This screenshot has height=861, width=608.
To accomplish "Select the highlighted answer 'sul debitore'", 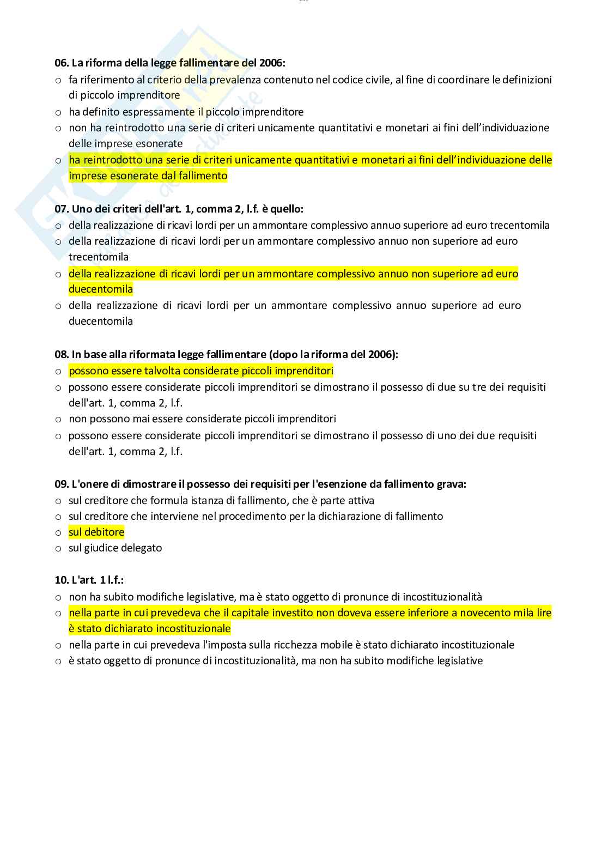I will coord(96,532).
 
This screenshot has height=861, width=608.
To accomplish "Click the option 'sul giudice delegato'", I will coord(115,548).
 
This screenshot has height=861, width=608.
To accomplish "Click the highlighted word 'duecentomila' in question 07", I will coord(101,289).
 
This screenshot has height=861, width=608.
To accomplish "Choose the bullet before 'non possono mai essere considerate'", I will coord(58,419).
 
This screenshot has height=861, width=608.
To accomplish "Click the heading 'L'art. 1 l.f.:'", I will coord(93,580).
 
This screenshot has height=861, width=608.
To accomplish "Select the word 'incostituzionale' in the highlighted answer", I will coord(193,628).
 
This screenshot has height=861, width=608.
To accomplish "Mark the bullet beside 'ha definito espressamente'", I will coord(58,112).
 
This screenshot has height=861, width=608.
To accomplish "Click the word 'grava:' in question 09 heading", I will coord(451,484).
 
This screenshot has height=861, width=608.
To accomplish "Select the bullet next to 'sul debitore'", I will coord(58,532).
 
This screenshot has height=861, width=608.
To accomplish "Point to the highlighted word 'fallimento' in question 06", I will coord(200,175).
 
